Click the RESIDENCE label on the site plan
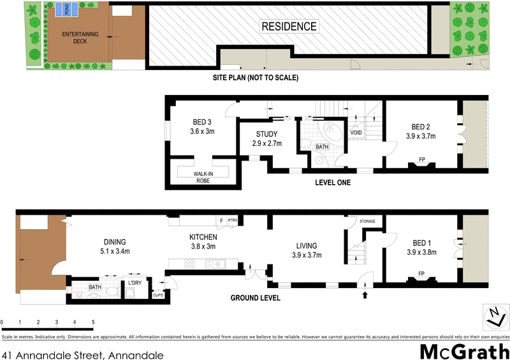pos(288,26)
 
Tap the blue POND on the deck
pos(66,9)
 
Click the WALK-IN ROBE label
pos(205,176)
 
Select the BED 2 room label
pos(421,126)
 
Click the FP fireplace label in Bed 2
pos(421,159)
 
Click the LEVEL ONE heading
pos(332,183)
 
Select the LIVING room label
pos(307,246)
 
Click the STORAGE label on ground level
pos(367,221)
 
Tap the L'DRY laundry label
pos(135,282)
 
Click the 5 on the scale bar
pos(94,322)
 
